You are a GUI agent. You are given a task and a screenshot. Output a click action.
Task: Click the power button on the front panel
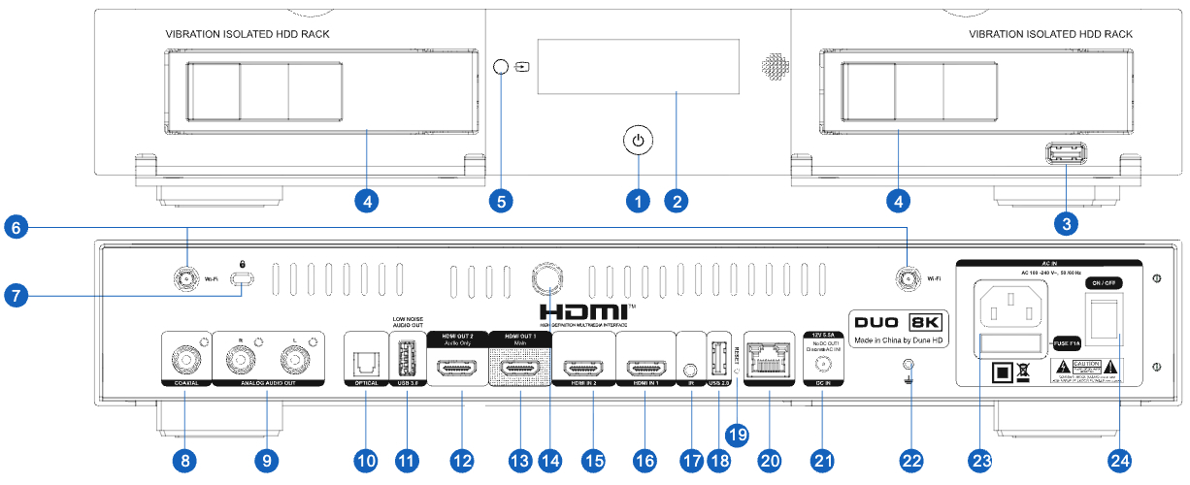(637, 142)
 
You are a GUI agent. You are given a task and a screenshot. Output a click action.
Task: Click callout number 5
(500, 202)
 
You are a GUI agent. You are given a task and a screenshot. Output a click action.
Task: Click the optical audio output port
(365, 362)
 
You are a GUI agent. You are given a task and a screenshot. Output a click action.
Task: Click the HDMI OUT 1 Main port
(520, 368)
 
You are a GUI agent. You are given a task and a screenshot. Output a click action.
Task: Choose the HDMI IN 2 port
(583, 368)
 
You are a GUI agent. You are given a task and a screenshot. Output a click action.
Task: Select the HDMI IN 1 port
(645, 368)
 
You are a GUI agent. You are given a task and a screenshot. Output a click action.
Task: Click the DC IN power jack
(822, 366)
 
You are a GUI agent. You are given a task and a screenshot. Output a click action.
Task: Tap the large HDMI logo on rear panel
(586, 311)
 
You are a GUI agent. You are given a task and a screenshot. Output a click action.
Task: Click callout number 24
(1120, 460)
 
